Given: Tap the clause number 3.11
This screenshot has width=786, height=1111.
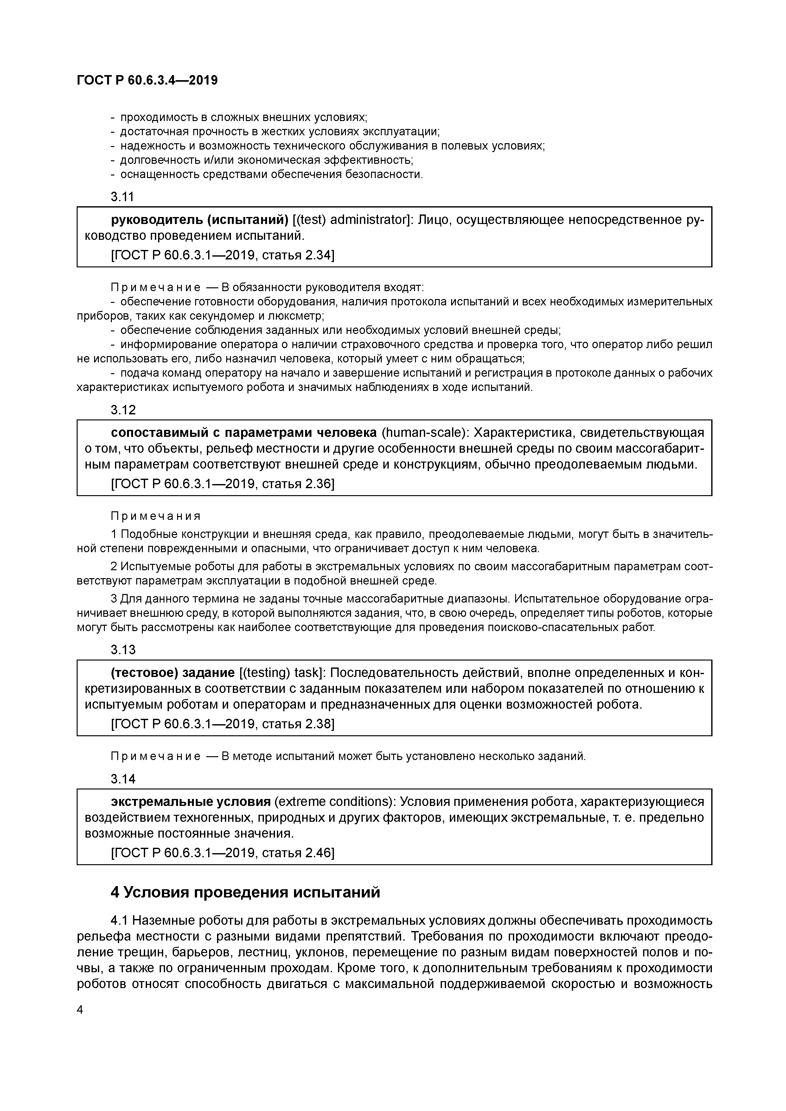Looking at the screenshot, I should click(x=123, y=197).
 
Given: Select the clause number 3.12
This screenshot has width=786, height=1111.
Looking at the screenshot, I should click(x=123, y=410).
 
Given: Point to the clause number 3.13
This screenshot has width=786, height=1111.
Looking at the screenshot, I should click(x=123, y=650).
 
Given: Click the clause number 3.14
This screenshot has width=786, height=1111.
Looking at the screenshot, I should click(x=123, y=779).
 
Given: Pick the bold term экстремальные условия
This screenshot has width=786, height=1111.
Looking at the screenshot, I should click(x=191, y=802).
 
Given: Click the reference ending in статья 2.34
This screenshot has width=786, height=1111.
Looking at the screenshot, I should click(x=223, y=255).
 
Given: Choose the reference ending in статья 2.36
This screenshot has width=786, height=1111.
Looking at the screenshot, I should click(x=223, y=483).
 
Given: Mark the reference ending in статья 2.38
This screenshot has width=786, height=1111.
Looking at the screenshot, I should click(x=223, y=724).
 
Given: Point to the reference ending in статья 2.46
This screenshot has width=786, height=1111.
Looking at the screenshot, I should click(x=223, y=852).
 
